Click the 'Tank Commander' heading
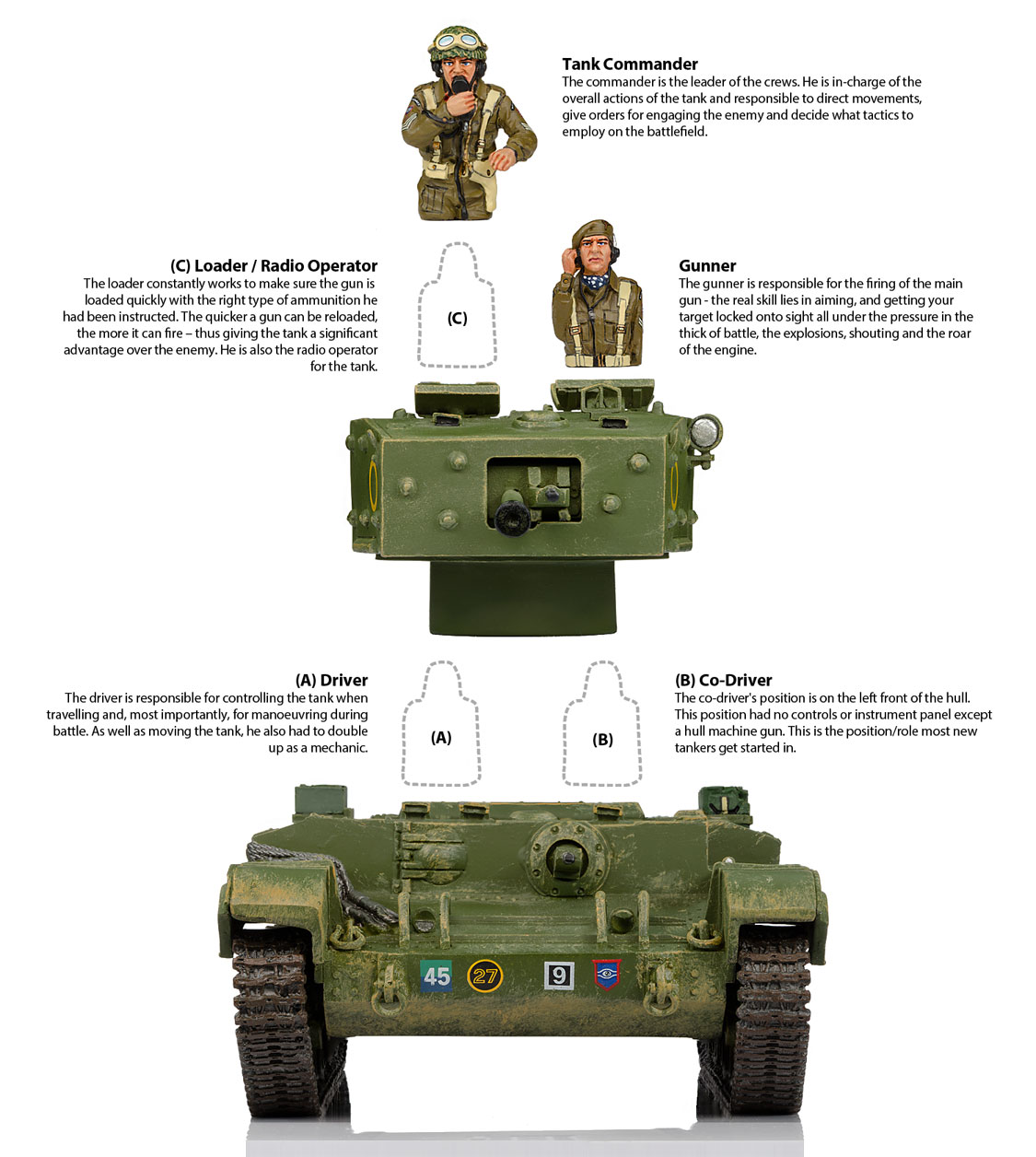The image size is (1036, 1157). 630,64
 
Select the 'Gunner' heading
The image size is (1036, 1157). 707,265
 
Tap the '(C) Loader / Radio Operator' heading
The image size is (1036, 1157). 274,265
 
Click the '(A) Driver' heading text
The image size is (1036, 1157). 332,680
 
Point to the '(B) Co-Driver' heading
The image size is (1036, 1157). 723,680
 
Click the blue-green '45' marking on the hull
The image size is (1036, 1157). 437,976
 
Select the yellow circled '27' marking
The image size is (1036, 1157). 484,976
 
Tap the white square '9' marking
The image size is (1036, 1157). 559,976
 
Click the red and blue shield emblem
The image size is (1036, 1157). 606,975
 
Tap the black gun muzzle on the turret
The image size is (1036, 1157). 512,518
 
